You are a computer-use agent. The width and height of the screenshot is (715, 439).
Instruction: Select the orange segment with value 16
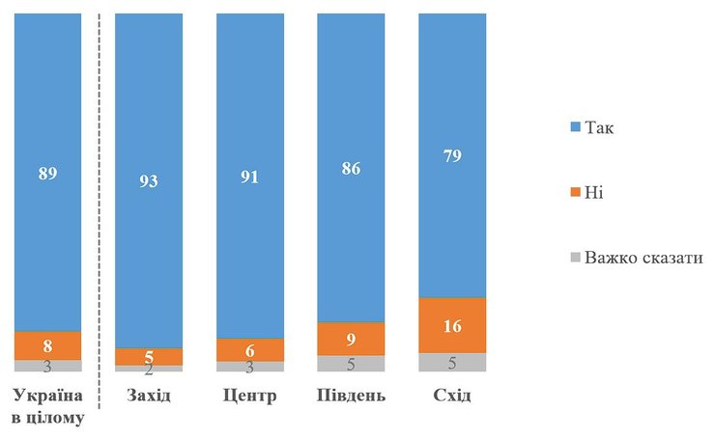(452, 325)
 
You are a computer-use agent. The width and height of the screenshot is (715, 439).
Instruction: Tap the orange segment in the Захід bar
(149, 356)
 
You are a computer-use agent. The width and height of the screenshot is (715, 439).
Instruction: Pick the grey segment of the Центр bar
(250, 367)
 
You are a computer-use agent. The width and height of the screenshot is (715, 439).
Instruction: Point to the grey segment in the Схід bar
(452, 363)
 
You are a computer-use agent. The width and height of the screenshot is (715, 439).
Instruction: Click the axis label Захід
(149, 397)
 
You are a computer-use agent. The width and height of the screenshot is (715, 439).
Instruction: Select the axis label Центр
(250, 397)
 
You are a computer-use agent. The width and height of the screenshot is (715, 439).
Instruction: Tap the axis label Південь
(351, 397)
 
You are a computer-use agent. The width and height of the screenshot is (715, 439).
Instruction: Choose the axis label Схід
(452, 397)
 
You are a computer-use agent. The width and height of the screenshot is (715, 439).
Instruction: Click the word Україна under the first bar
(47, 397)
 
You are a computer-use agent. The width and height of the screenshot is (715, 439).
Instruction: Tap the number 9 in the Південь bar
(351, 339)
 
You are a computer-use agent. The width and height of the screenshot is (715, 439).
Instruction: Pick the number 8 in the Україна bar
(47, 345)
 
